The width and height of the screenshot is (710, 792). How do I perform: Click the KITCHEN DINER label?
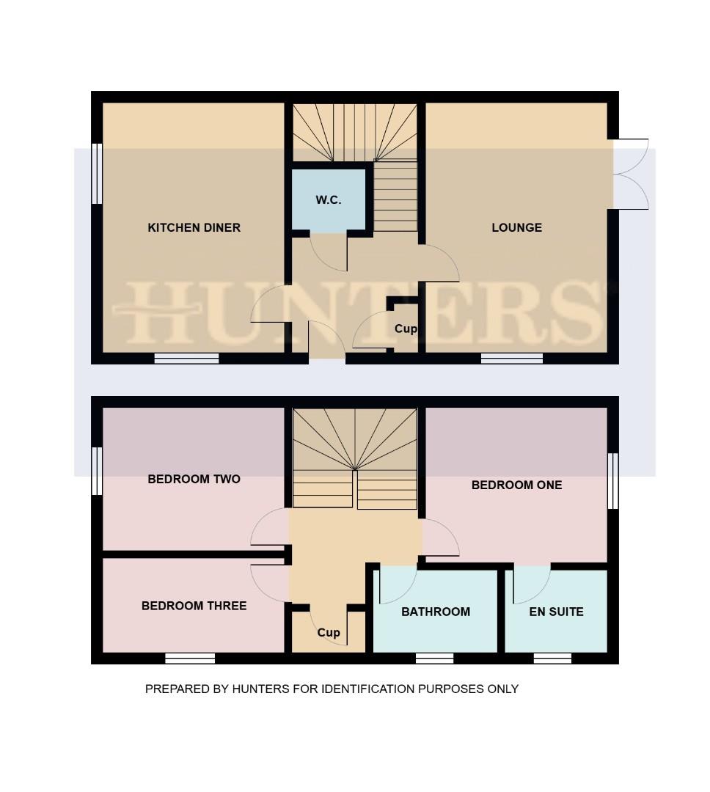pos(194,227)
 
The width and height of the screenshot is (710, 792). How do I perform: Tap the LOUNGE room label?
pos(516,227)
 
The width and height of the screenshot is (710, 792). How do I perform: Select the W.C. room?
pos(329,199)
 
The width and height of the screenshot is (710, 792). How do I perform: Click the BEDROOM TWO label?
pos(194,479)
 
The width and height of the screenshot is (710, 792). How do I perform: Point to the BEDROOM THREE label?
pos(194,606)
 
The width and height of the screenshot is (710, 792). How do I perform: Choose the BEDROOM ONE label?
pos(516,485)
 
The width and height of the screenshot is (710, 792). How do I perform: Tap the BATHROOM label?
pos(435,612)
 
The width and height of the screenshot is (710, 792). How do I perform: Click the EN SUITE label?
pos(556,612)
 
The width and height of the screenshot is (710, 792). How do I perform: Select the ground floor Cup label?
pos(406,329)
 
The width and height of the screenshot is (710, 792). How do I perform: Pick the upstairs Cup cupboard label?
pos(329,632)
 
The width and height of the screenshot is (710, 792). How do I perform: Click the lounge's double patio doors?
pos(629,175)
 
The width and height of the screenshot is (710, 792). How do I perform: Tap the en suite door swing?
pos(532,583)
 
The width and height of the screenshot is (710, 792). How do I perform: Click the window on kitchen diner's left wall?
pos(96,174)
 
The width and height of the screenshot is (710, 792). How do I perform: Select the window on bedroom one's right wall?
pos(613,480)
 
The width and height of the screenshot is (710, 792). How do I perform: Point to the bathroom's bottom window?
pos(434,659)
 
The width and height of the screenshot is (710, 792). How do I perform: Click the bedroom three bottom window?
pos(190,659)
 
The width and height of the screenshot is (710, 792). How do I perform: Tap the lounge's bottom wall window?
pos(512,359)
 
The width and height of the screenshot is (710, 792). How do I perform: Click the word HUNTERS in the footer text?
pos(257,689)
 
